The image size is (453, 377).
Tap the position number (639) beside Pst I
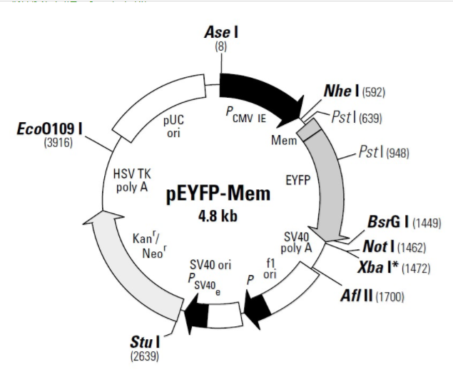point(368,118)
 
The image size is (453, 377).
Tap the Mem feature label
point(284,141)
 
